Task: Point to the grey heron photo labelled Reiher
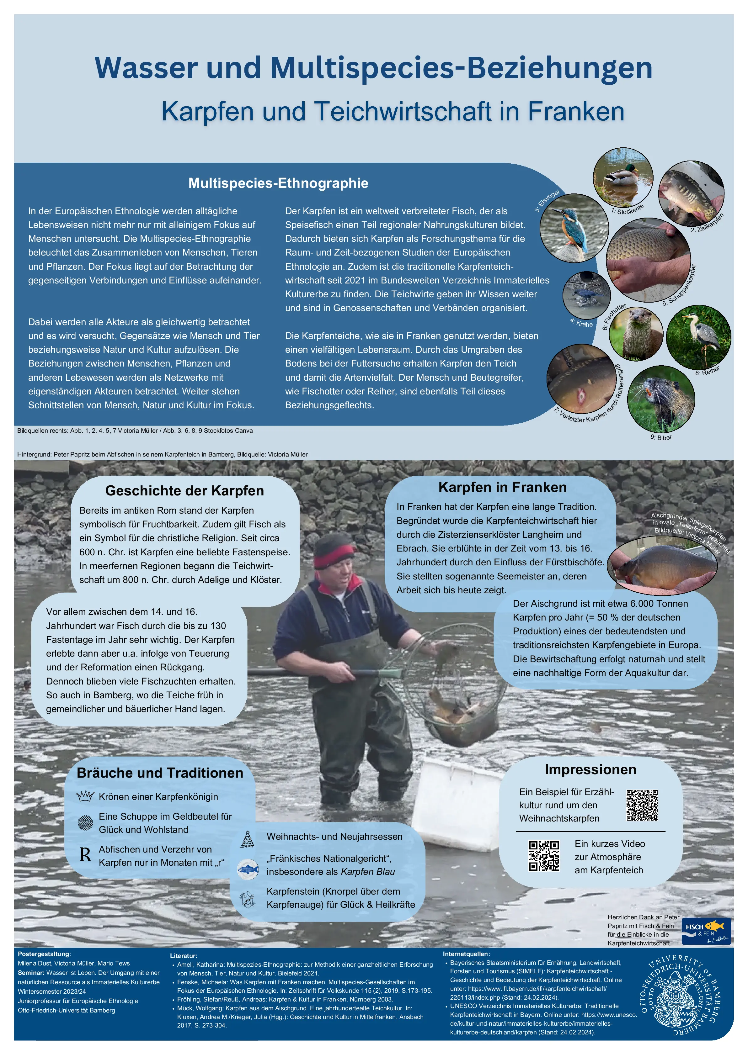698,336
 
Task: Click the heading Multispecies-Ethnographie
278,183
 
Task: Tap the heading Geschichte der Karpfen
184,491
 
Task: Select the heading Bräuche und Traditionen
160,773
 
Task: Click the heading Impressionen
590,770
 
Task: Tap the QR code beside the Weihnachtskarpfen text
642,805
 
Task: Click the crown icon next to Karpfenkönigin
85,796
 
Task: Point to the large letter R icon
85,855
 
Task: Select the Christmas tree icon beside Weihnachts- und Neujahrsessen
247,839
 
